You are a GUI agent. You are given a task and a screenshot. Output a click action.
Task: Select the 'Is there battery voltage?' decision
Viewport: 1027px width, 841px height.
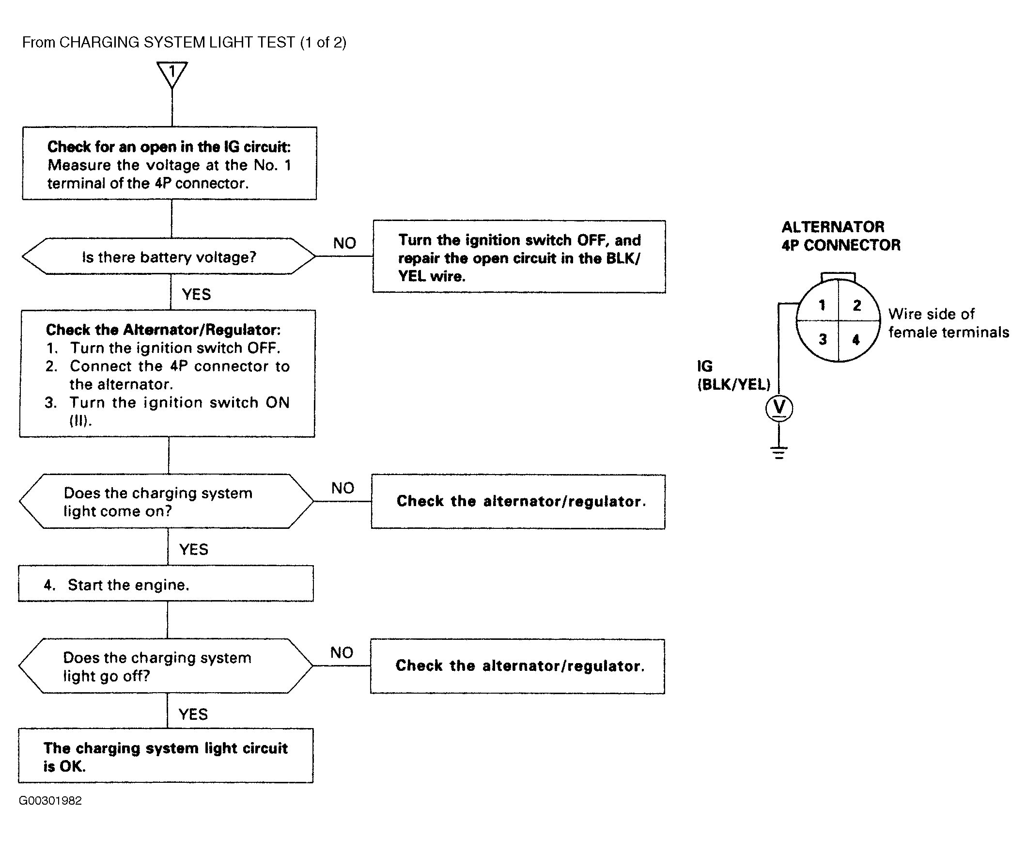coord(169,256)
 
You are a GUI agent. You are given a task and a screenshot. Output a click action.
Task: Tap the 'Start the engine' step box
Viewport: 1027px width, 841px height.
coord(166,584)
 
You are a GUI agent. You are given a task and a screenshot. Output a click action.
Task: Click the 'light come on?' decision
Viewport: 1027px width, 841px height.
coord(167,501)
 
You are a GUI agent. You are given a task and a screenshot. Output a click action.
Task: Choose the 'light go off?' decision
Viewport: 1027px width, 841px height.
coord(166,666)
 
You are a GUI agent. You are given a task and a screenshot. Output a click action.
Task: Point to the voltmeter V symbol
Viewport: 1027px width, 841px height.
coord(779,408)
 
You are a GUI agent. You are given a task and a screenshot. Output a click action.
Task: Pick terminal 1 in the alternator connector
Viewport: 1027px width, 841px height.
coord(822,305)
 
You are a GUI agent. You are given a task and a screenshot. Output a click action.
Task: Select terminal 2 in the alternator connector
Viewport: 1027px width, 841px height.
coord(857,305)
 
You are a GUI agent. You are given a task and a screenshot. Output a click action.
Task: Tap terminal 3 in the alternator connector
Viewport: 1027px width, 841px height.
coord(823,339)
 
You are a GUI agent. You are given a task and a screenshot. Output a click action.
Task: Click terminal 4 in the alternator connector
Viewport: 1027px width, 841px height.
coord(856,339)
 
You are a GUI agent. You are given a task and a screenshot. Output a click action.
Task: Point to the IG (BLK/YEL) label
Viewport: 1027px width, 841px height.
coord(733,375)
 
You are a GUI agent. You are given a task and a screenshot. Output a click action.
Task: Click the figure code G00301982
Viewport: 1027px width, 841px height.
coord(50,800)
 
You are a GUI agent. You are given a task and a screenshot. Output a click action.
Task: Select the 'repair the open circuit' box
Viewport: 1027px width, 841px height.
coord(519,256)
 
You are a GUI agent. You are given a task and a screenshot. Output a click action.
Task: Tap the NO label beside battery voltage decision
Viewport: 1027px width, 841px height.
coord(344,243)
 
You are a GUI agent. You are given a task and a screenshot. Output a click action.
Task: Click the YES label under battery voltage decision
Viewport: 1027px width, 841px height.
coord(196,294)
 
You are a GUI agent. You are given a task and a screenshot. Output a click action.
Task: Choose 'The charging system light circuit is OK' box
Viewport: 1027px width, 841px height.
coord(166,755)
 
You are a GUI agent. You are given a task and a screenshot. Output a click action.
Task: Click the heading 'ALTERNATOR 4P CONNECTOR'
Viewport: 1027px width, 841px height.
coord(841,236)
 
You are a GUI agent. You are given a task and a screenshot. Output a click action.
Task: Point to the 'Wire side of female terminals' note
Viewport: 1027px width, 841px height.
coord(949,323)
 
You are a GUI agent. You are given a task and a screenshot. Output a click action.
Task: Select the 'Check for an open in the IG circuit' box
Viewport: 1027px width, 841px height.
coord(170,163)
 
